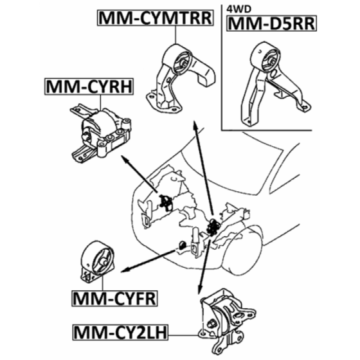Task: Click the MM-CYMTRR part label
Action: (156, 18)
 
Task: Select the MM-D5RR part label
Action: (272, 23)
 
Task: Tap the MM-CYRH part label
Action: (89, 86)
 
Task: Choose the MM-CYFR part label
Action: (115, 298)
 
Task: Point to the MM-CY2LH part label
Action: (120, 332)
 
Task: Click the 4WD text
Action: (239, 9)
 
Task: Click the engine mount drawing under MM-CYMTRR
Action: (181, 78)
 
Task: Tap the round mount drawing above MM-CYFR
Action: (97, 262)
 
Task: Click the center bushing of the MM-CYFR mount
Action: (104, 262)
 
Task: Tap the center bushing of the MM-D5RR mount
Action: (272, 62)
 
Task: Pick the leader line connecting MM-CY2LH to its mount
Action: (184, 335)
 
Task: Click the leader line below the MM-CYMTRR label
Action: (175, 35)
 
